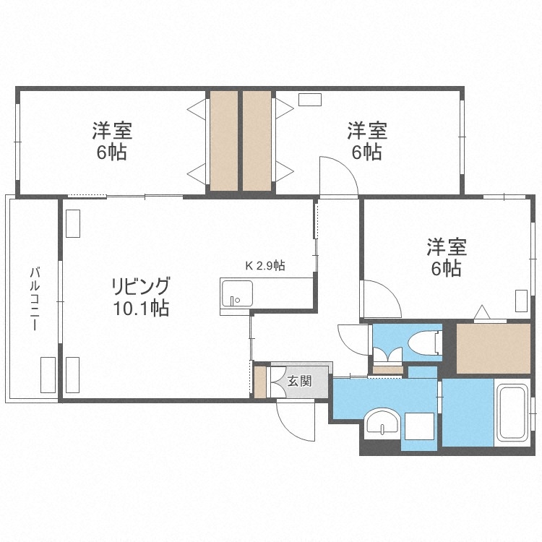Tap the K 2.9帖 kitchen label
tap(265, 265)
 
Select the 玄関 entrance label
tap(299, 380)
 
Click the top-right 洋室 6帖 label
tap(366, 142)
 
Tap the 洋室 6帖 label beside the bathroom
tap(446, 257)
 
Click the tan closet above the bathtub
tap(494, 349)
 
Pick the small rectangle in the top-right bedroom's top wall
tap(310, 101)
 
